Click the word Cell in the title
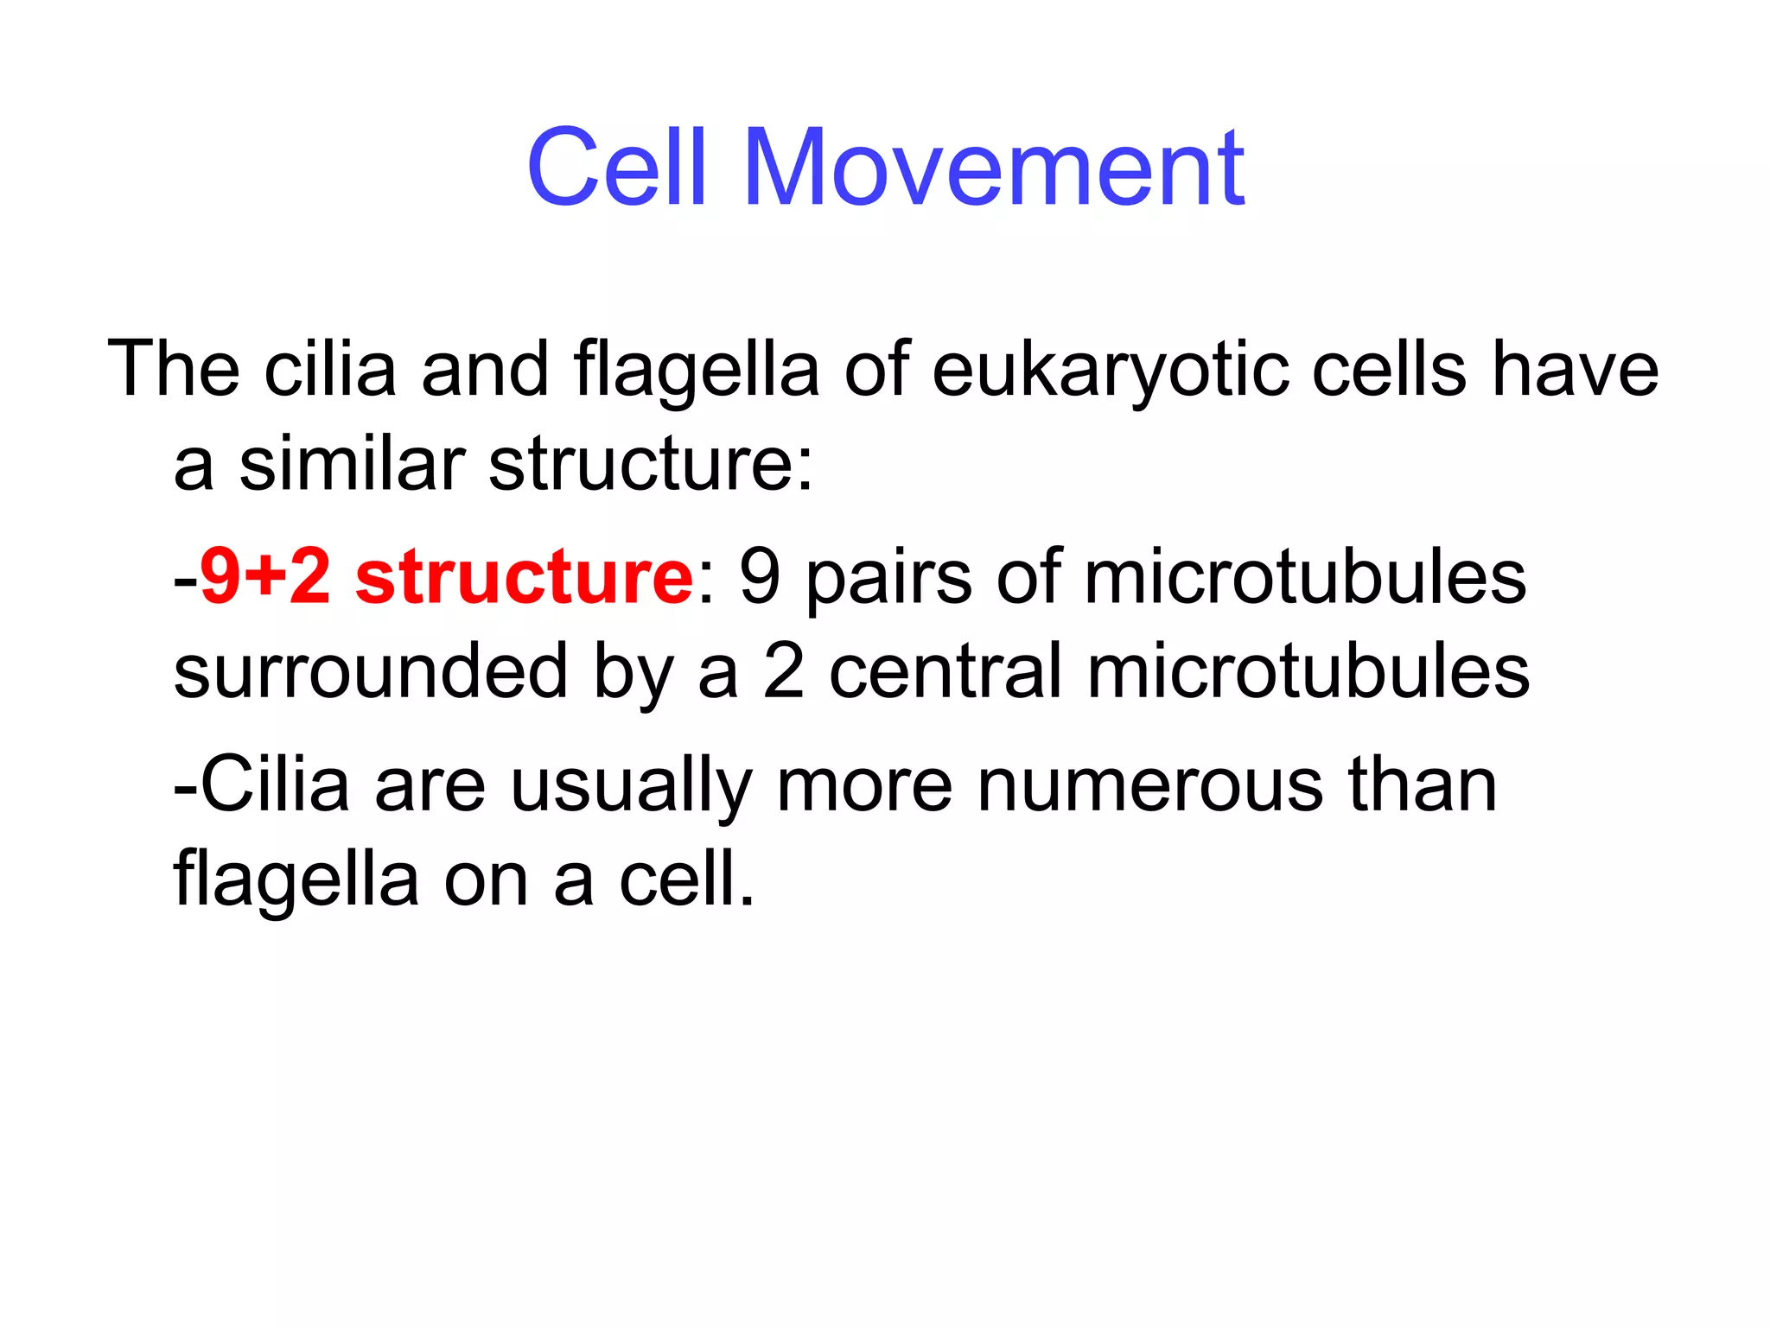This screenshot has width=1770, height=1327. point(617,168)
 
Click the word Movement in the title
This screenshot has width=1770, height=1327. point(994,168)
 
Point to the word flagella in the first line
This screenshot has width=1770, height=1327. point(696,371)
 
